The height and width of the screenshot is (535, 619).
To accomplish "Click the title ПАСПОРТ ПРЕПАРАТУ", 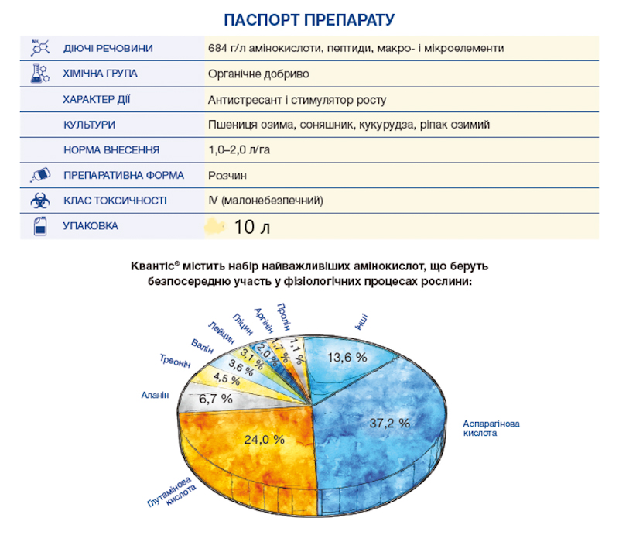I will tap(309, 19).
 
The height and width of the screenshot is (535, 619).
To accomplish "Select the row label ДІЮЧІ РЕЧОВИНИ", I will tap(108, 49).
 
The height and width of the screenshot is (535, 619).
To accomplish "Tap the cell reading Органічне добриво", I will tap(258, 74).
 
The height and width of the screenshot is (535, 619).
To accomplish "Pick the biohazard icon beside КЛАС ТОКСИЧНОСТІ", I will tap(39, 201).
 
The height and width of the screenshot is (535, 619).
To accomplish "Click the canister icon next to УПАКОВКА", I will tap(39, 226).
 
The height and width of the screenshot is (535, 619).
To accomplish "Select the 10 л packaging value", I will tap(251, 228).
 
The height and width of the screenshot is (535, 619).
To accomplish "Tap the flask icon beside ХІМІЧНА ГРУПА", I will tap(39, 74).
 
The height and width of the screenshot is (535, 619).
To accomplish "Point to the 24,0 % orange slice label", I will tap(265, 439).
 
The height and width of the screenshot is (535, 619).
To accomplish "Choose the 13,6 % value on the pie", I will tap(347, 357).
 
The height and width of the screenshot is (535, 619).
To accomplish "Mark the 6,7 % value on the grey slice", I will tap(215, 399).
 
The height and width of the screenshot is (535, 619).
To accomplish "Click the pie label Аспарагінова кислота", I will tap(491, 428).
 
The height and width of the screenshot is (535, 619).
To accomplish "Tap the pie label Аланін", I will tap(154, 394).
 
